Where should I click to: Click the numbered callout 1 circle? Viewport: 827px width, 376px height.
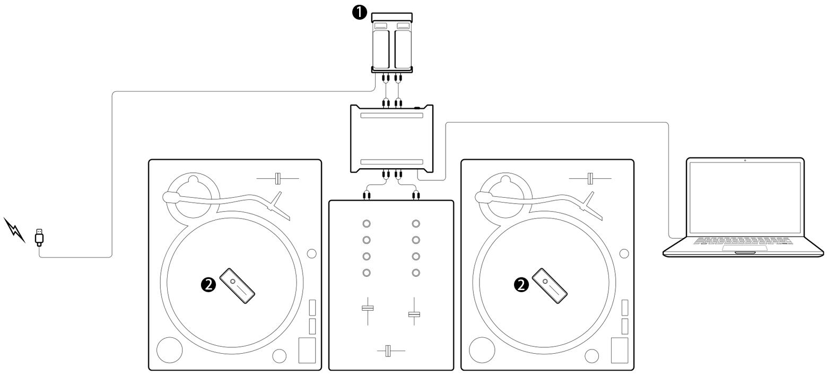point(359,13)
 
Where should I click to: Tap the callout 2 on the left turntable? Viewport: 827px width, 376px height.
point(208,284)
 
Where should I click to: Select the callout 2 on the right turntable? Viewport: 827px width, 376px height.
point(521,284)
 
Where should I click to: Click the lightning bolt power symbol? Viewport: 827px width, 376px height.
point(14,230)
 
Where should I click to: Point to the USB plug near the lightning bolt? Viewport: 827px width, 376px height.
point(39,237)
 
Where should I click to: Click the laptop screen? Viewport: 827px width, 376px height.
point(745,198)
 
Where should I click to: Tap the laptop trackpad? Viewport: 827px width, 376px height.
point(745,248)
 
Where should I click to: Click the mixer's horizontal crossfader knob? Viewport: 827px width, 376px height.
point(388,351)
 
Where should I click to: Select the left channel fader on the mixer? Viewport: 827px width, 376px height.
point(368,308)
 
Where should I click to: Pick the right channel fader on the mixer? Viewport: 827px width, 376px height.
point(414,314)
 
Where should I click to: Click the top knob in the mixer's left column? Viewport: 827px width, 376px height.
point(366,224)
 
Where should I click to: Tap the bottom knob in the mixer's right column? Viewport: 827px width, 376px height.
point(416,273)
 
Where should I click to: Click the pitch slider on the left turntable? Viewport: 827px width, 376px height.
point(278,179)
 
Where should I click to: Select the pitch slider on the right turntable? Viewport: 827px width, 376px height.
point(590,179)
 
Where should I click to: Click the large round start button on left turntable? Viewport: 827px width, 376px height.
point(169,350)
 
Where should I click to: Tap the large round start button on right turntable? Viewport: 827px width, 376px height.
point(482,350)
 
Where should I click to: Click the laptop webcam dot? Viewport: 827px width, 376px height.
point(745,160)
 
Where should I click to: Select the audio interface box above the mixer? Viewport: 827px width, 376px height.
point(391,139)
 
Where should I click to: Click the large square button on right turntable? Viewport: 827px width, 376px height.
point(620,350)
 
